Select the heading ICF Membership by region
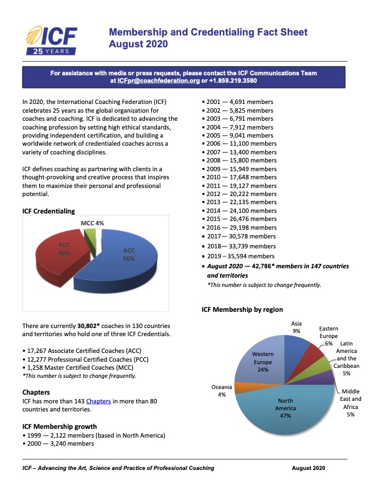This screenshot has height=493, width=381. pyautogui.click(x=242, y=309)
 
